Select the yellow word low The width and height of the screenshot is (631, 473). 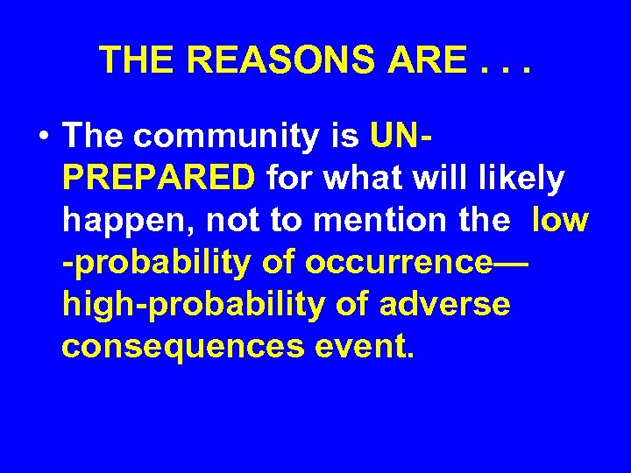point(558,221)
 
